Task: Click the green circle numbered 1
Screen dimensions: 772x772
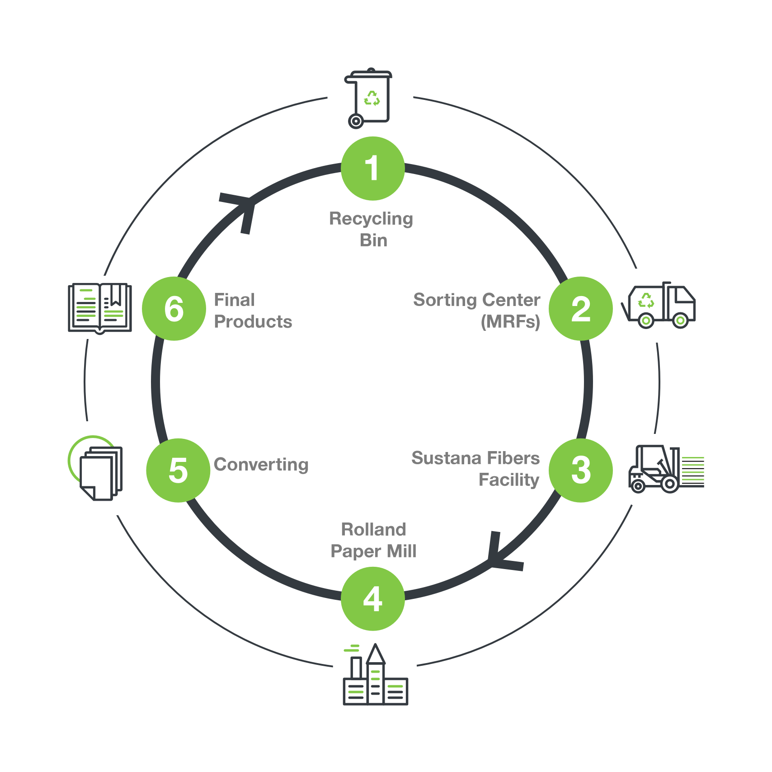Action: [x=372, y=169]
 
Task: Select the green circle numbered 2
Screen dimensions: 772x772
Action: [x=581, y=309]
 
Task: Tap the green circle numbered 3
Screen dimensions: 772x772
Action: [x=581, y=470]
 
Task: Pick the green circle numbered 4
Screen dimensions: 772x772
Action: [x=372, y=599]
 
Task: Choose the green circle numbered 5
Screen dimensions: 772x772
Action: [x=178, y=470]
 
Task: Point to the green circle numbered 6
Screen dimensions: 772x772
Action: [x=174, y=309]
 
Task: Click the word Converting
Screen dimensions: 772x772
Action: [x=261, y=465]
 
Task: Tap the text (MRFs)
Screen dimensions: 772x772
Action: [x=510, y=321]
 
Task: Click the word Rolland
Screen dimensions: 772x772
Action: [x=373, y=529]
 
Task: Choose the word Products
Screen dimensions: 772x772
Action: [x=253, y=321]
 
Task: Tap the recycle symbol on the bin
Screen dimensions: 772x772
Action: [x=372, y=98]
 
